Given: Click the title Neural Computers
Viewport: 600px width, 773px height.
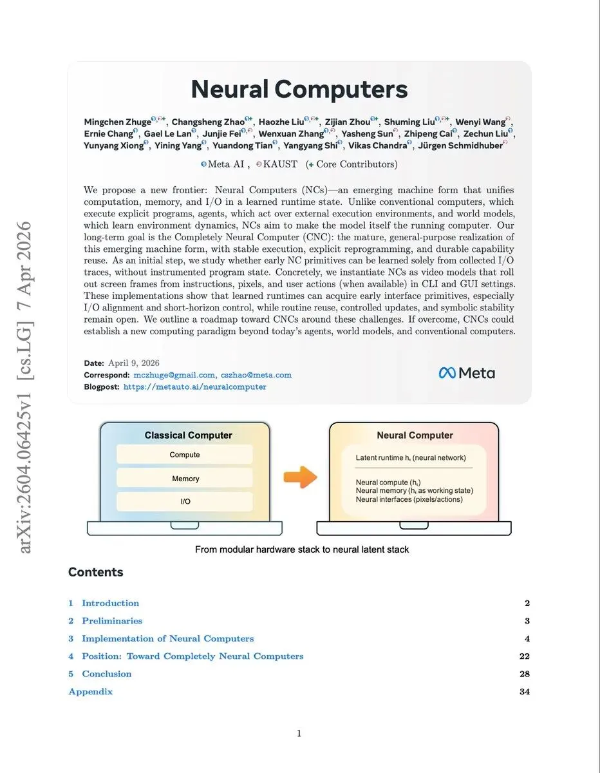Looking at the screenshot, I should [x=299, y=89].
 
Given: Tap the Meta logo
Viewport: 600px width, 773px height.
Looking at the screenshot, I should [x=467, y=372].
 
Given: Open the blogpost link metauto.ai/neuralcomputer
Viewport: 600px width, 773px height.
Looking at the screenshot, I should [x=194, y=386].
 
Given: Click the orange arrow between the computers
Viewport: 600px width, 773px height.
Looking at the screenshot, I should [x=301, y=478].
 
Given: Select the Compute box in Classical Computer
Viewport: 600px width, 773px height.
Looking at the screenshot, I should [x=185, y=455].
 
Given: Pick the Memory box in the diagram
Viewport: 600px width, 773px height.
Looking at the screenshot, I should [x=185, y=479].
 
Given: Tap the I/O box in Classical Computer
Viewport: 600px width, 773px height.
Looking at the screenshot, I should [x=185, y=502].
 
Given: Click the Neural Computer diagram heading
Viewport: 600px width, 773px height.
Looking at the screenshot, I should [x=415, y=435].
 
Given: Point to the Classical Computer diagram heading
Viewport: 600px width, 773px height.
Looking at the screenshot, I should [x=188, y=435].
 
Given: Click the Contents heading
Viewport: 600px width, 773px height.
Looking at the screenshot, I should [x=95, y=572].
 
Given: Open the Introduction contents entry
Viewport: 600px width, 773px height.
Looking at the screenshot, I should [x=110, y=604].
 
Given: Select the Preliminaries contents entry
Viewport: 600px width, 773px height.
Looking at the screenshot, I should [x=112, y=621].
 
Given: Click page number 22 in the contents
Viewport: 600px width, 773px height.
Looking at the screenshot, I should [x=524, y=656].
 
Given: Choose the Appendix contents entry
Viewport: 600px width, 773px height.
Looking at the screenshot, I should [x=91, y=692].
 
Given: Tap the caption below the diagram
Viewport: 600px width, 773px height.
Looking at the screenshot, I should [x=302, y=549].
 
